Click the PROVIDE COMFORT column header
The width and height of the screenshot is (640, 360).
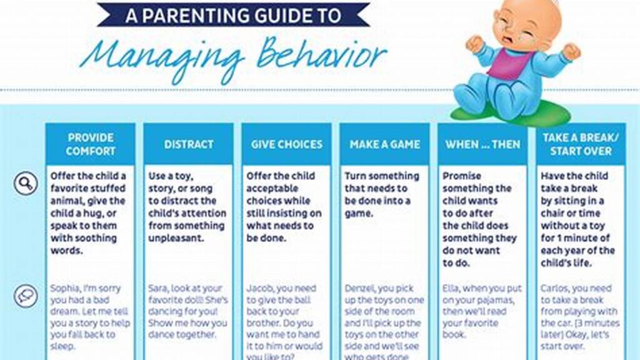coord(91,144)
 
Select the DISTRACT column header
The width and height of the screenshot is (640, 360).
coord(189,144)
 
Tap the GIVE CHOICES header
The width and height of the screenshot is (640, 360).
coord(287,144)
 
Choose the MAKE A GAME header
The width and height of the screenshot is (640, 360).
coord(384,144)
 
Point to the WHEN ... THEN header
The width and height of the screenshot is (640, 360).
coord(482,144)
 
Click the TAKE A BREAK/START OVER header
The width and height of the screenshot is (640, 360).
coord(581,144)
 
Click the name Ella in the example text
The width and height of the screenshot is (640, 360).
coord(451,289)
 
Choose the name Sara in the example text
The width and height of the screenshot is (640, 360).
coord(159,289)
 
